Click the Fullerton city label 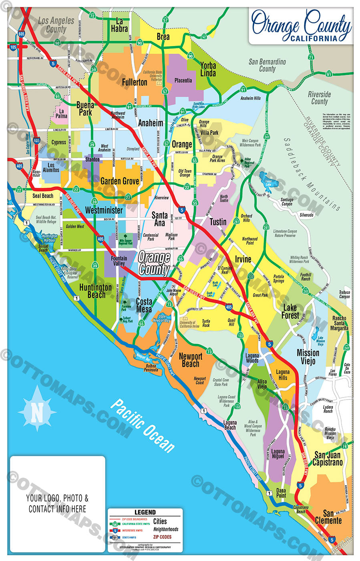(135, 82)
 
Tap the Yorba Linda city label (208, 69)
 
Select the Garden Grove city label (120, 181)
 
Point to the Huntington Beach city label (96, 291)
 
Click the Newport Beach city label (191, 360)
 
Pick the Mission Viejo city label (308, 357)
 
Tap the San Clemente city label (328, 517)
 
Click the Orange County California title (302, 26)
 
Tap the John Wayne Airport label (174, 292)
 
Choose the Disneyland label (133, 149)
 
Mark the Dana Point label (281, 492)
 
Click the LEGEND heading (145, 512)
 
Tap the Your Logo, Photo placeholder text (57, 503)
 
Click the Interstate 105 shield (13, 47)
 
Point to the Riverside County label (319, 98)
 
